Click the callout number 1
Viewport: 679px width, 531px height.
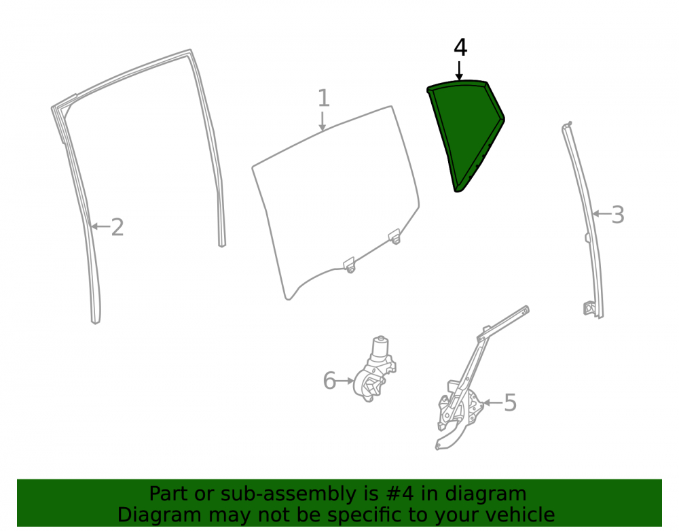(x=324, y=98)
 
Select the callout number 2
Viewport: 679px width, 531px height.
(x=117, y=227)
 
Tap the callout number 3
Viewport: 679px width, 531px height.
(x=618, y=215)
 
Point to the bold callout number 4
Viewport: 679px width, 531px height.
(x=460, y=48)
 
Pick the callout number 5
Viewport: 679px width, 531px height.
(x=511, y=402)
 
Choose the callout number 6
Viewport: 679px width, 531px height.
(x=329, y=381)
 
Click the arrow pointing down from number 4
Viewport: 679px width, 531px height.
(x=459, y=71)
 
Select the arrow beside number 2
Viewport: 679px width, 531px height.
(x=100, y=226)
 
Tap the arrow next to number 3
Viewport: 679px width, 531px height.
(x=601, y=213)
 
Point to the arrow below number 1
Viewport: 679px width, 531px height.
(x=322, y=121)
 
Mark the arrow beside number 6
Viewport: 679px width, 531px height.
(x=345, y=381)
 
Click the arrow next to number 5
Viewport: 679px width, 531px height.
(x=492, y=402)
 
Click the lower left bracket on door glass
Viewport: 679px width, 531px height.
(x=349, y=265)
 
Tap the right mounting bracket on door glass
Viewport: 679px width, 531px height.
(x=394, y=237)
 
